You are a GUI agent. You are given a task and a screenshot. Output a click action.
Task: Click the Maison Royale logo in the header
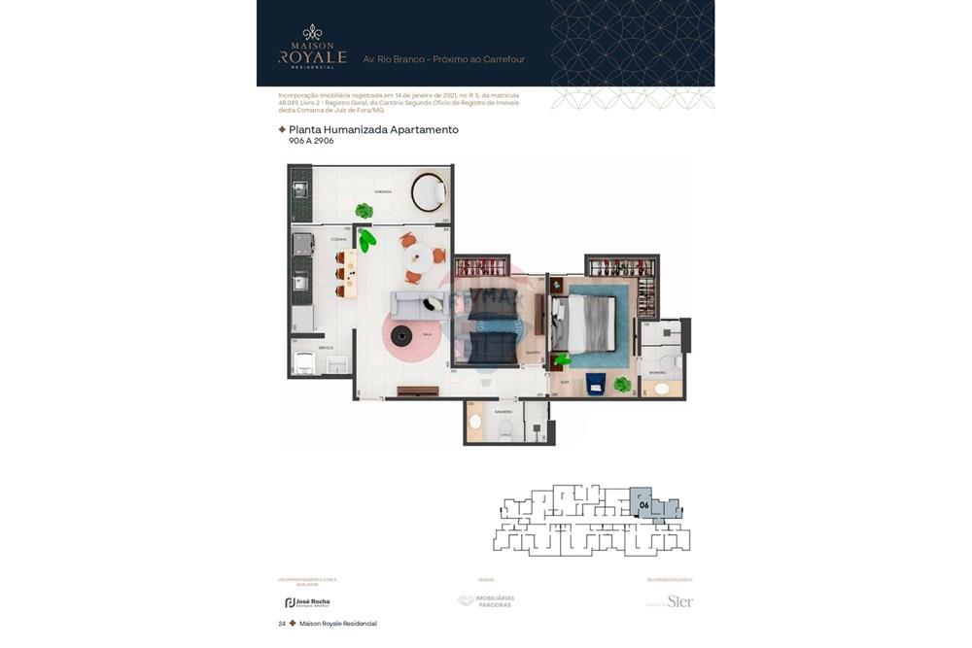(x=312, y=47)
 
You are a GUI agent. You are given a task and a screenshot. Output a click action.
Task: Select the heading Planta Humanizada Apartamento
(x=373, y=129)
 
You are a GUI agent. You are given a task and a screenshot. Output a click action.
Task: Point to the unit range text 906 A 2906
(x=311, y=141)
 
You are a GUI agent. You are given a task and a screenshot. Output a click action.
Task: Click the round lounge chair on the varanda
(x=428, y=191)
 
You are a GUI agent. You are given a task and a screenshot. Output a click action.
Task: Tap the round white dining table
(x=420, y=257)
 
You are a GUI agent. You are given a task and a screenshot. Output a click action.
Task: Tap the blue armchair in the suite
(x=595, y=384)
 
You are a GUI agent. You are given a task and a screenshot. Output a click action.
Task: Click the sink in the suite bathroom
(x=662, y=389)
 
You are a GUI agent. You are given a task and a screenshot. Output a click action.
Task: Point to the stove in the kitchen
(x=303, y=244)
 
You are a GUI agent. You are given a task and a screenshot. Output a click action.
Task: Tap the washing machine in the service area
(x=304, y=363)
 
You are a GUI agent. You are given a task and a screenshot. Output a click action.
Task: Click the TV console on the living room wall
(x=418, y=392)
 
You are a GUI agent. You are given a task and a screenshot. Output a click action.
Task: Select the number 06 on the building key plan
(x=642, y=505)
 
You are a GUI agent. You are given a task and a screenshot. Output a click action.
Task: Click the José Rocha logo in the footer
(x=307, y=602)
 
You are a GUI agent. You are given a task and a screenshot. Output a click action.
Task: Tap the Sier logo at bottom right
(x=679, y=601)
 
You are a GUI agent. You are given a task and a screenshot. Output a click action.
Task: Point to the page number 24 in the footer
(x=282, y=624)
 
